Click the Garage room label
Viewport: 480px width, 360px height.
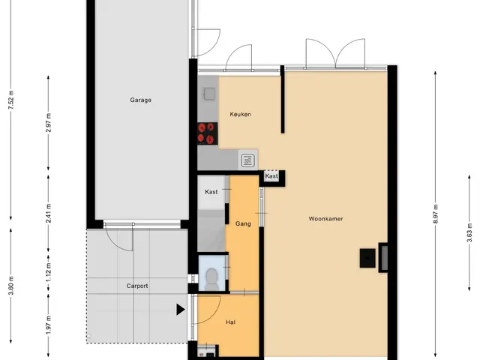[x=140, y=100]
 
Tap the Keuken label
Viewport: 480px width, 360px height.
[x=240, y=114]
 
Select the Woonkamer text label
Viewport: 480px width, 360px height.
[x=325, y=218]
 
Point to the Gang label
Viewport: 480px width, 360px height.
[x=243, y=223]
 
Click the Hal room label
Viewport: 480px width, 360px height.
[x=230, y=322]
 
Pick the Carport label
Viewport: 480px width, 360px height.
[x=137, y=286]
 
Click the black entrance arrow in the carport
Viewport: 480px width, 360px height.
[x=180, y=310]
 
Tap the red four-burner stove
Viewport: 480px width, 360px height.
[x=207, y=133]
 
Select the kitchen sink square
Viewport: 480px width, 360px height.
[x=209, y=93]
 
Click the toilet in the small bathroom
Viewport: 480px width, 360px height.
[x=211, y=280]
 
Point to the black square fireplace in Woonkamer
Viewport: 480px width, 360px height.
[x=367, y=258]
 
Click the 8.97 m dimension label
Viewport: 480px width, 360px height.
[x=436, y=214]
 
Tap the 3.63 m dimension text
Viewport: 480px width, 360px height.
[x=469, y=233]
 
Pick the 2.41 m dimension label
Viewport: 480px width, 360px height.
[x=49, y=213]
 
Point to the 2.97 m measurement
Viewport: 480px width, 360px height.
[x=49, y=122]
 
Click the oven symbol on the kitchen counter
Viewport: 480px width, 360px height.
[x=247, y=160]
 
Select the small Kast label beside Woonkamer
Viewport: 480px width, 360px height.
[x=271, y=176]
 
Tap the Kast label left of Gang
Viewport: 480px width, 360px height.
[x=211, y=192]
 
